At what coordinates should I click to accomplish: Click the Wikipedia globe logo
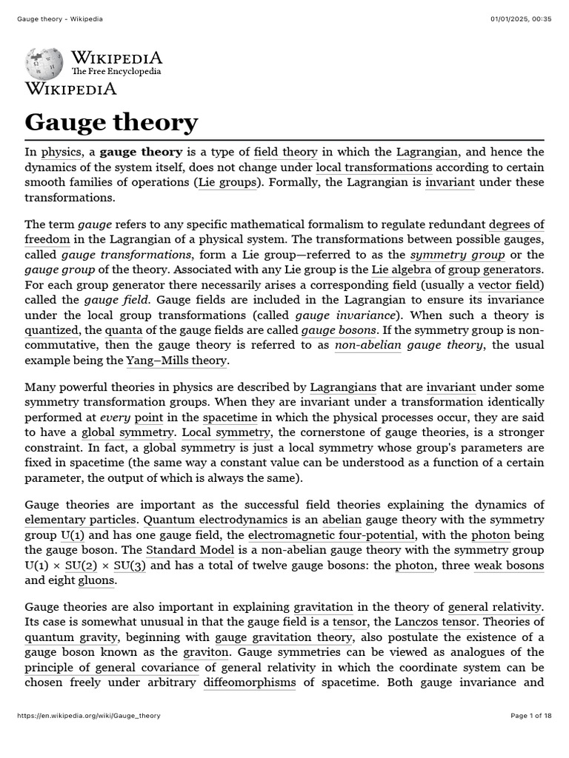(x=45, y=64)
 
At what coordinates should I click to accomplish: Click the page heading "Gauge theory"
(x=111, y=121)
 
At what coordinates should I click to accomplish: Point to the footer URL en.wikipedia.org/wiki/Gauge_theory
(x=88, y=716)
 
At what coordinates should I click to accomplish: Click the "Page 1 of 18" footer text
(x=531, y=716)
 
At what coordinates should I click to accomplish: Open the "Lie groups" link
(x=227, y=182)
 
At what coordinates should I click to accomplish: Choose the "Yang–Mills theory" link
(x=167, y=360)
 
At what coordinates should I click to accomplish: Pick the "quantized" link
(x=50, y=330)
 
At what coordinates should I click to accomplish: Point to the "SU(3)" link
(x=130, y=566)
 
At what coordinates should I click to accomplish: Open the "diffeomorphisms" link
(x=250, y=682)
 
